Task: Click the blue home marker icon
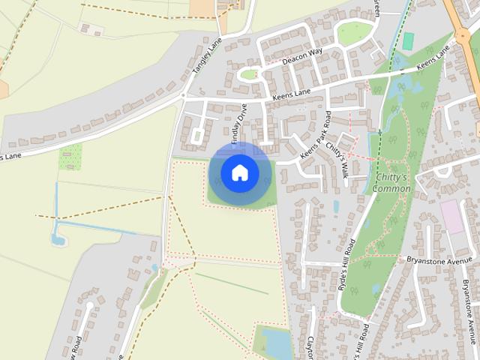240,172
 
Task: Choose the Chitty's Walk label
337,160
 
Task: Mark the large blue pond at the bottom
276,343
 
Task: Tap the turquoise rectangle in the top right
408,41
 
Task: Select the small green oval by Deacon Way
248,74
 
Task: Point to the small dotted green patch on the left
70,157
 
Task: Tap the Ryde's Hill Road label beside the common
346,264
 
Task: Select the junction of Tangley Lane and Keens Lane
183,95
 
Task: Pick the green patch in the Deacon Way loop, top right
354,32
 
